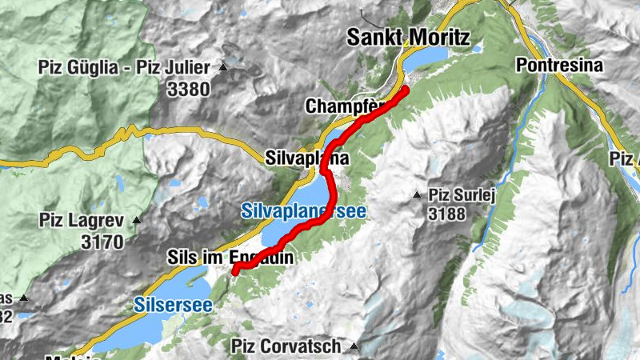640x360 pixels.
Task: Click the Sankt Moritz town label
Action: click(407, 37)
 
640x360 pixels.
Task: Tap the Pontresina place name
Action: click(558, 65)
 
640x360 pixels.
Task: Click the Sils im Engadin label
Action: click(231, 258)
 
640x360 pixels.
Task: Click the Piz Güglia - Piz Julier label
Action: click(123, 66)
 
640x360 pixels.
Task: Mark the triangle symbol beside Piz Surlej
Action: click(416, 195)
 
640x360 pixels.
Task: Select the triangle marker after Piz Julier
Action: click(223, 66)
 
